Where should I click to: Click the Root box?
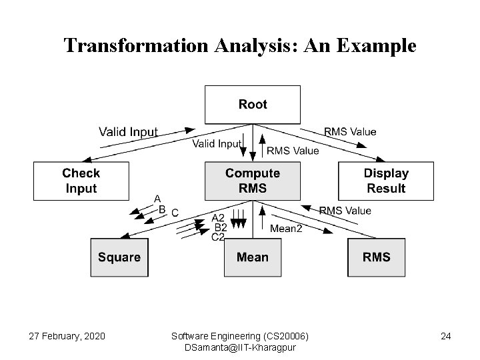[252, 105]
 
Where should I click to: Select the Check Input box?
[81, 181]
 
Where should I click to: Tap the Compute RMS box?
[252, 181]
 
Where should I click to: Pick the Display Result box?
[385, 181]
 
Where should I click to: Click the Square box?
[119, 257]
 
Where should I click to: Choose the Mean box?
[252, 257]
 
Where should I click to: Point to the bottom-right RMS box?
[376, 257]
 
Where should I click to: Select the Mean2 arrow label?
[286, 228]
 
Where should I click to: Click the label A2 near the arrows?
[218, 218]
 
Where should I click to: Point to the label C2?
[218, 237]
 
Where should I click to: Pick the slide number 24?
[445, 336]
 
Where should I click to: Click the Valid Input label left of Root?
[128, 131]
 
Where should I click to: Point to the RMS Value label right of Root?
[350, 131]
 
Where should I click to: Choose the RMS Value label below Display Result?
[345, 211]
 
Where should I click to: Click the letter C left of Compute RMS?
[175, 213]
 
